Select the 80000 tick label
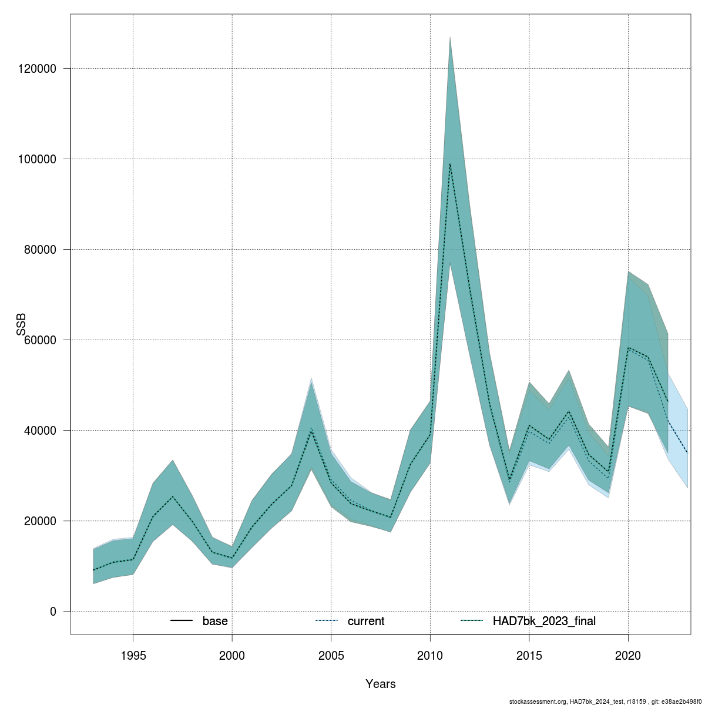coord(39,250)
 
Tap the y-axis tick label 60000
coord(39,340)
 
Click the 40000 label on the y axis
coord(39,431)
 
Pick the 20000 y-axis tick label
coord(39,521)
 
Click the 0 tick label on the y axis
coord(53,612)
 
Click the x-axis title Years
coord(380,684)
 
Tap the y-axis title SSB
coord(22,324)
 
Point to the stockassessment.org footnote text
coord(605,701)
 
